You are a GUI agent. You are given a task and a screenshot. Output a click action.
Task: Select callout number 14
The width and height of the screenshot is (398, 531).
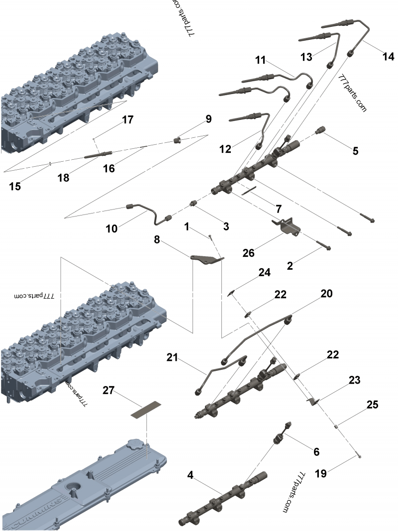[x=388, y=56]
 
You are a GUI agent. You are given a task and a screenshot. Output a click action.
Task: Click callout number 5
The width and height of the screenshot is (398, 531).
[x=355, y=151]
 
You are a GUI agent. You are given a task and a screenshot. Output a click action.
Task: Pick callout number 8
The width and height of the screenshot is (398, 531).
[x=157, y=239]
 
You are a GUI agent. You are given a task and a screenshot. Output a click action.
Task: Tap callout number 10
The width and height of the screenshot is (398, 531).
[x=112, y=228]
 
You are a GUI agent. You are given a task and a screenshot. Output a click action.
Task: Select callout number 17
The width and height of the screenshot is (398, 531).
[x=128, y=120]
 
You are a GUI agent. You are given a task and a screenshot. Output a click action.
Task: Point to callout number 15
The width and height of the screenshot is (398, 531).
[x=15, y=186]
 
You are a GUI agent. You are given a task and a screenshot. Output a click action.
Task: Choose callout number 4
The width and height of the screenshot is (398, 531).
[x=191, y=475]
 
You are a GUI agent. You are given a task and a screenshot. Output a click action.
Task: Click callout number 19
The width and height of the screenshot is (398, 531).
[x=321, y=473]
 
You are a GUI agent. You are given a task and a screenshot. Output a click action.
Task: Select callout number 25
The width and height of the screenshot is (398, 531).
[x=372, y=405]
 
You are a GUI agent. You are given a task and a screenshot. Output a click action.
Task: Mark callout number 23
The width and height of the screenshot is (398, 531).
[x=354, y=380]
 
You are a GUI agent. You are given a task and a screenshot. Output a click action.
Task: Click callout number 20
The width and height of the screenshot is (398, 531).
[x=326, y=294]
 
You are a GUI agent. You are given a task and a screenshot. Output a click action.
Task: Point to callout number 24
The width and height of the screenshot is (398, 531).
[x=264, y=272]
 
